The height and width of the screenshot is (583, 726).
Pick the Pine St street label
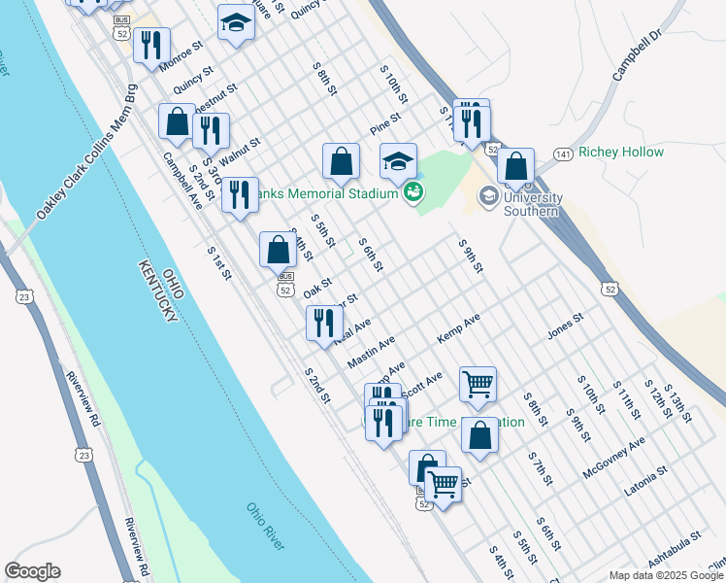(385, 127)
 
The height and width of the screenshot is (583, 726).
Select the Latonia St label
(646, 481)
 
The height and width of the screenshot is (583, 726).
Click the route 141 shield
(563, 154)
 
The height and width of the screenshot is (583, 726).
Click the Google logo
(32, 571)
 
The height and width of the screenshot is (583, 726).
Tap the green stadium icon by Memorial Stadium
(414, 191)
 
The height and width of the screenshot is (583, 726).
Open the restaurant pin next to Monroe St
(151, 45)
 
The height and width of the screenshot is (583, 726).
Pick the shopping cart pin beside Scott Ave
(478, 384)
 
